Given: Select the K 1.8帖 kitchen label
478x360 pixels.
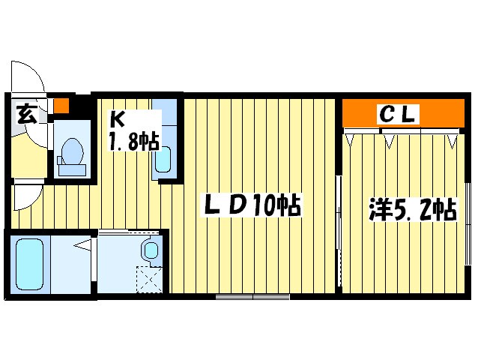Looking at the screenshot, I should (x=133, y=130).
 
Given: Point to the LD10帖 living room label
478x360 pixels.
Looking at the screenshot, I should (x=251, y=205).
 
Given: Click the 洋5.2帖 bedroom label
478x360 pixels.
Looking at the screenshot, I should (x=412, y=208).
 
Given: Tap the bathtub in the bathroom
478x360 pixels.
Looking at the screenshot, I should (x=28, y=264).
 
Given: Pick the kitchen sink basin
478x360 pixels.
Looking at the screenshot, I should (x=164, y=160).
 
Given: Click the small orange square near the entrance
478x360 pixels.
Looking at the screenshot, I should (x=62, y=105).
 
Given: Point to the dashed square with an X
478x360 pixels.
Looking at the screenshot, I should (x=149, y=280).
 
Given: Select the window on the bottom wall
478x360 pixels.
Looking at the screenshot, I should (x=252, y=298).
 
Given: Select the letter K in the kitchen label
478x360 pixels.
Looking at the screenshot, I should (x=118, y=119).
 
